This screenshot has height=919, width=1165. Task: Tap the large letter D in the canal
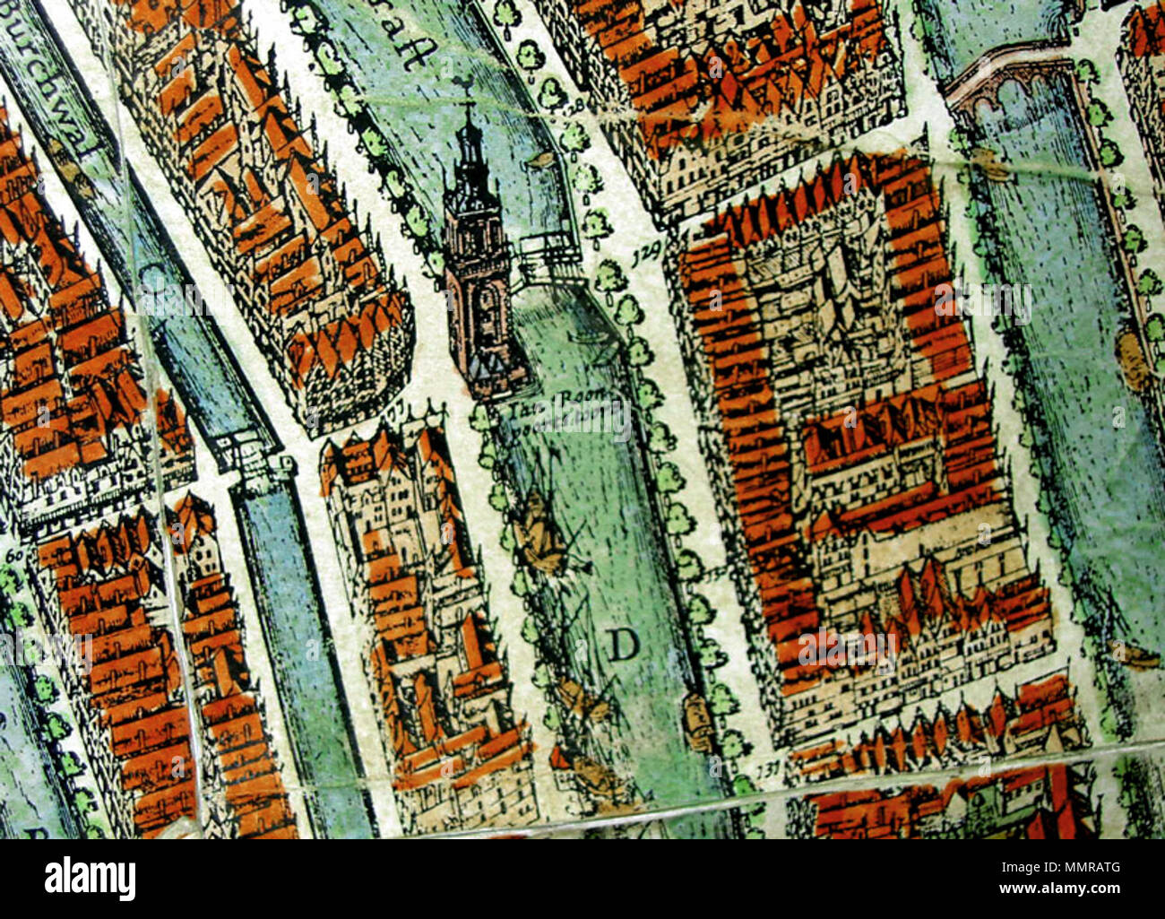pyautogui.click(x=625, y=644)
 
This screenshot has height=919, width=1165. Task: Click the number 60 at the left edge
pyautogui.click(x=14, y=557)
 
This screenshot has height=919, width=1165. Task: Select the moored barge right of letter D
pyautogui.click(x=696, y=717)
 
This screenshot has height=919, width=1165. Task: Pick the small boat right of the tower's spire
pyautogui.click(x=540, y=160)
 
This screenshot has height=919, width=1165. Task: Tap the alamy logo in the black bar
pyautogui.click(x=90, y=879)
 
